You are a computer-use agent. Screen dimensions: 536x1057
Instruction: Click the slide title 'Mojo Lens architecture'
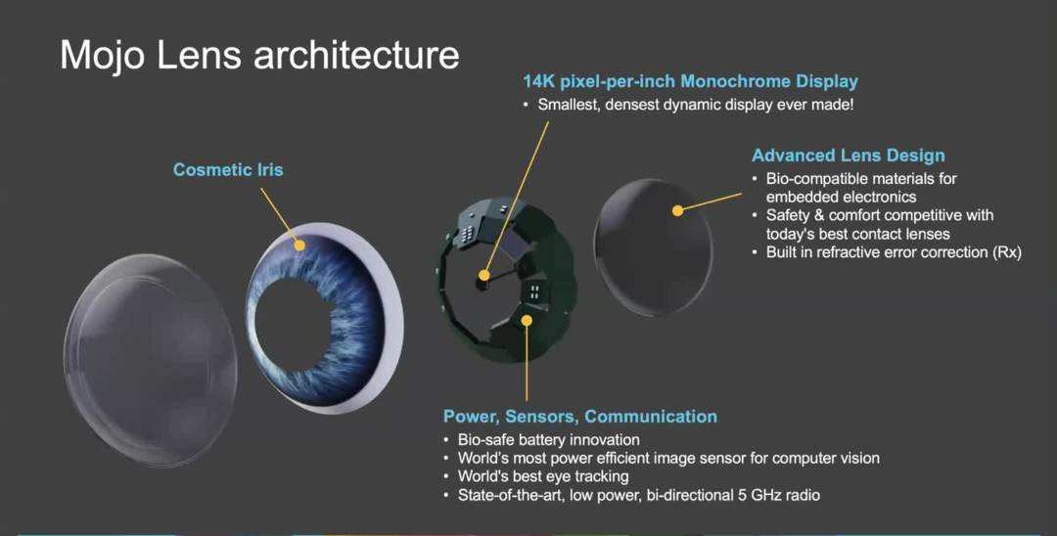tap(259, 55)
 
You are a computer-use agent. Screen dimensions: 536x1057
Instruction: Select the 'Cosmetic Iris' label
tap(228, 170)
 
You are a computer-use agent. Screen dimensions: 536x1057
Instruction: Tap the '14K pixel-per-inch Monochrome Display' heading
tap(690, 81)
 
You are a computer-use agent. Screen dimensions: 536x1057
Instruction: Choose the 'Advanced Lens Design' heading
tap(848, 156)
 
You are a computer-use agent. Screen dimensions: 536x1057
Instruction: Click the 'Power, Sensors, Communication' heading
tap(579, 417)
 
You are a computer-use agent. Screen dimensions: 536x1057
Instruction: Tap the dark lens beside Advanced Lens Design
tap(651, 249)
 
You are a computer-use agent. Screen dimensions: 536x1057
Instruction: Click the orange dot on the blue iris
tap(299, 245)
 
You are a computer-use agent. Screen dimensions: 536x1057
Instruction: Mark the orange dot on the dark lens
tap(676, 209)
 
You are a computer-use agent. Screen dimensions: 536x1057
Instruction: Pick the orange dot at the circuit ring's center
tap(483, 276)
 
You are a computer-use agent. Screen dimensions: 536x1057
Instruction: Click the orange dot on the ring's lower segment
tap(527, 319)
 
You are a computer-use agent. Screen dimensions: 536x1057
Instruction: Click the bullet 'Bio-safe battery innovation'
tap(548, 440)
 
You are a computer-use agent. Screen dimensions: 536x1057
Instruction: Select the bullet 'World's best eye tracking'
tap(543, 477)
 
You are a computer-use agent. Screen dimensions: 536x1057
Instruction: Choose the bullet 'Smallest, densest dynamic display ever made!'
tap(696, 104)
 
